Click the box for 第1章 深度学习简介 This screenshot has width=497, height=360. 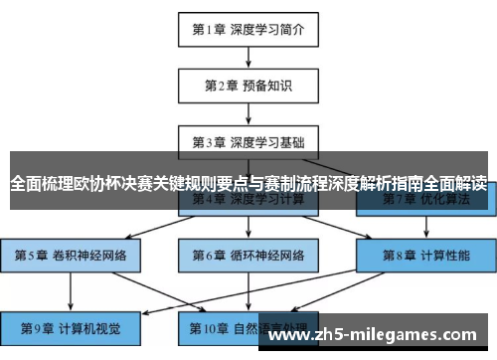click(248, 29)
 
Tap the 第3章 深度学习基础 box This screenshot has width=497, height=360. click(248, 141)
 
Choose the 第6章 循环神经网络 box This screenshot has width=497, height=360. click(248, 255)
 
